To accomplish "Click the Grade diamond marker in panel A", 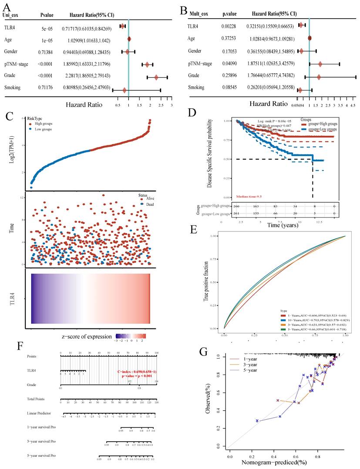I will [156, 78].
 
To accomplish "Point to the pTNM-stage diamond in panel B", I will [320, 64].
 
